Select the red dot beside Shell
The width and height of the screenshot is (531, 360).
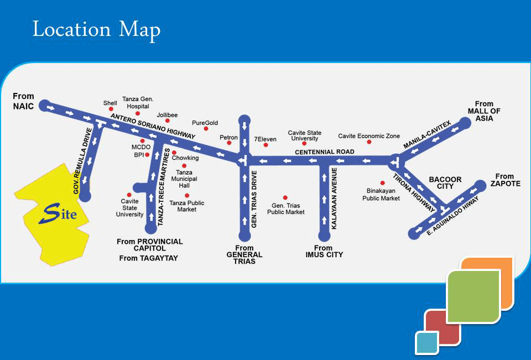111,109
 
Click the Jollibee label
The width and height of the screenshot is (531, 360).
167,115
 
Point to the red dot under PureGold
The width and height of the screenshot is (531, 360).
206,129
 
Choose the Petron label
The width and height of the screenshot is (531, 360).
228,138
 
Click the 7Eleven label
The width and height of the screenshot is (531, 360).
264,139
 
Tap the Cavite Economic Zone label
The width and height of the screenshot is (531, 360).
369,136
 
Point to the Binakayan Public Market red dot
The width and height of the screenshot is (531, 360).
382,182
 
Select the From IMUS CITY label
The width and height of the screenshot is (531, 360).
324,251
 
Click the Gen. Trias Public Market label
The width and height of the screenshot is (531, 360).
285,208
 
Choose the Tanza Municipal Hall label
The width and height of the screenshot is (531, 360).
184,179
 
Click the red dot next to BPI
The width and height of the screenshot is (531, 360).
147,155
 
